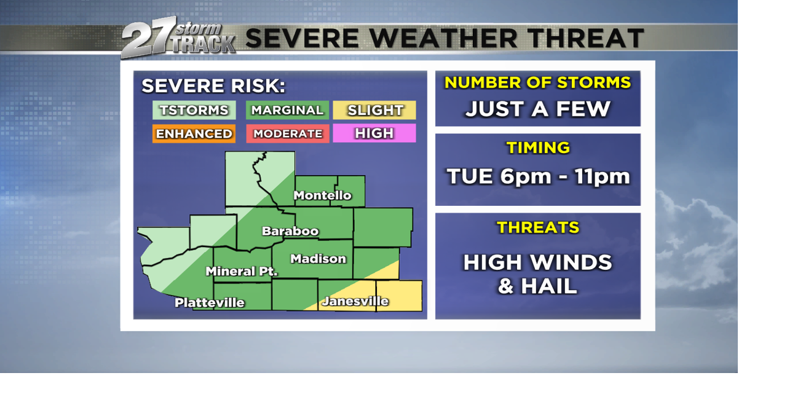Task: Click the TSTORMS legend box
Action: tap(194, 110)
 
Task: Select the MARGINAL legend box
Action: tap(287, 110)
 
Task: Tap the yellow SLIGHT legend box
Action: tap(374, 110)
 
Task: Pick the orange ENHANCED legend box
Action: tap(194, 133)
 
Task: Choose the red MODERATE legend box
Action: tap(287, 133)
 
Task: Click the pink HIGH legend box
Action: tap(374, 133)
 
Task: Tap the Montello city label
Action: tap(322, 195)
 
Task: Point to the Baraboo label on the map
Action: tap(290, 231)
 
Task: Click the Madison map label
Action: tap(318, 259)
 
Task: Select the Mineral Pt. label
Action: tap(241, 271)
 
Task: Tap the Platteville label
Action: tap(210, 302)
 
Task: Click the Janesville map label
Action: tap(355, 301)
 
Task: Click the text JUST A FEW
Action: tap(537, 109)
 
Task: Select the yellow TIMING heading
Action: tap(538, 147)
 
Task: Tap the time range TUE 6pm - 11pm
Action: tap(538, 176)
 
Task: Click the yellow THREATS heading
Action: tap(538, 227)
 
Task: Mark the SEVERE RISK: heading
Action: tap(213, 86)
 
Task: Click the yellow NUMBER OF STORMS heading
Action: tap(538, 82)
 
